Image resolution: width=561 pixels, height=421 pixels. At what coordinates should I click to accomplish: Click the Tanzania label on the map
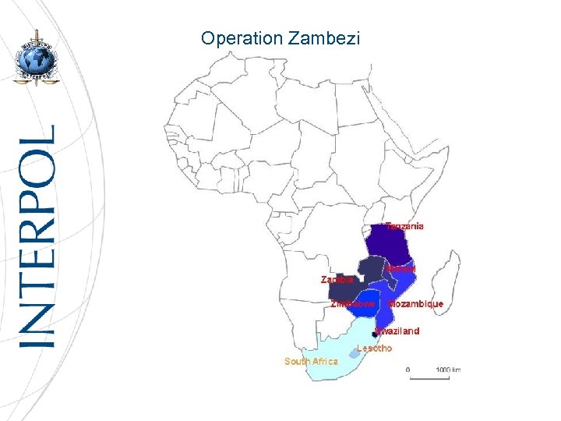pos(405,226)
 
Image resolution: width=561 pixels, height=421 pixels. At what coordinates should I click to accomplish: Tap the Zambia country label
pos(337,278)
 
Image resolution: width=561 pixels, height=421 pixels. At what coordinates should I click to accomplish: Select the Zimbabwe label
pos(353,303)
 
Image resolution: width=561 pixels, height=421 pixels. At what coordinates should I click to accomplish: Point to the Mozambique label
pos(416,303)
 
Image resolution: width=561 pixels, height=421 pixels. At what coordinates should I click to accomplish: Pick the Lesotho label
pos(374,348)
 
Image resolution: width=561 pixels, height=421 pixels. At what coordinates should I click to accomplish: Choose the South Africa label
pos(311,361)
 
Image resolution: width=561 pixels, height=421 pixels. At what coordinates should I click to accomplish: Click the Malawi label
pos(401,269)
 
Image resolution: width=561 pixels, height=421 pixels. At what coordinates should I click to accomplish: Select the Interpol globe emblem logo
pos(34,58)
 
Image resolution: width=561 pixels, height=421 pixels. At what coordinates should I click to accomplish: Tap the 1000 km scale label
pos(447,369)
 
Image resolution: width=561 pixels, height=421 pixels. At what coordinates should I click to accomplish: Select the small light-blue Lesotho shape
pos(355,352)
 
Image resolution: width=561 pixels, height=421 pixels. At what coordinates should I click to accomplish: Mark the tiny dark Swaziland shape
pos(375,334)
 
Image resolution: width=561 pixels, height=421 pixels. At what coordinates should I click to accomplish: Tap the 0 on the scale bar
pos(408,369)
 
